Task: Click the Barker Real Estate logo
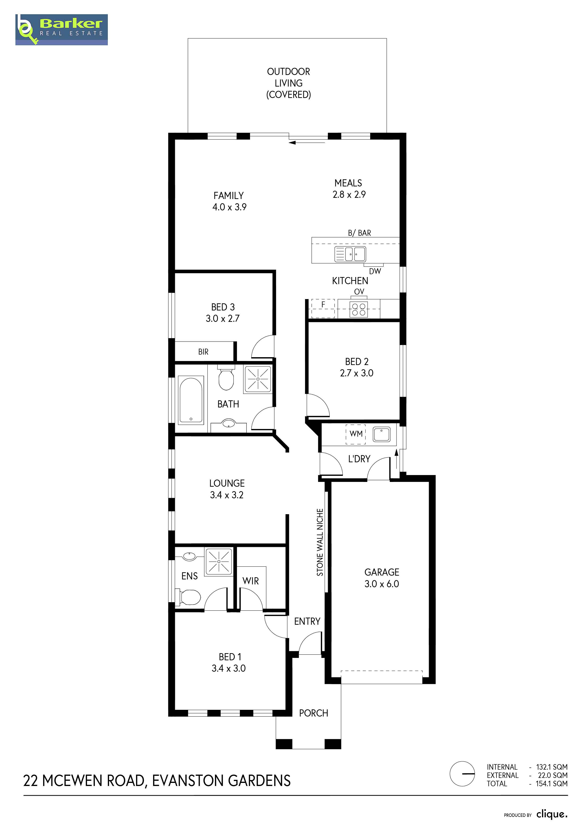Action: coord(62,30)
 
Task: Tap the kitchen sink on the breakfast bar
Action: coord(350,254)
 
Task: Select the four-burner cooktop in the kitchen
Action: coord(359,309)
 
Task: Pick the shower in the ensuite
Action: coord(219,562)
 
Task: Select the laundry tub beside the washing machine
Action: coord(382,434)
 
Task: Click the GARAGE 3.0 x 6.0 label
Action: coord(382,578)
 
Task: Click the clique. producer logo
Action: coord(552,814)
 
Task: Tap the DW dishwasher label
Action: coord(375,271)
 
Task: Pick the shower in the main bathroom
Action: coord(258,379)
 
